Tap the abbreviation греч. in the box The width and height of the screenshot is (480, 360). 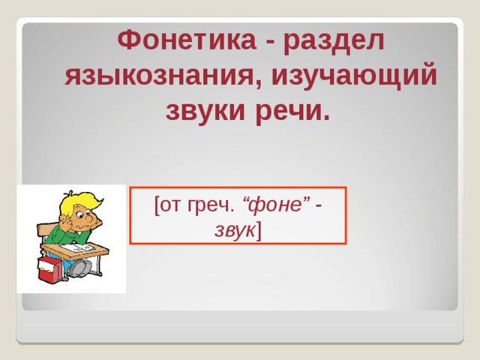click(x=214, y=205)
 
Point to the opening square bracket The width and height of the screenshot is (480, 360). click(x=156, y=205)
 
